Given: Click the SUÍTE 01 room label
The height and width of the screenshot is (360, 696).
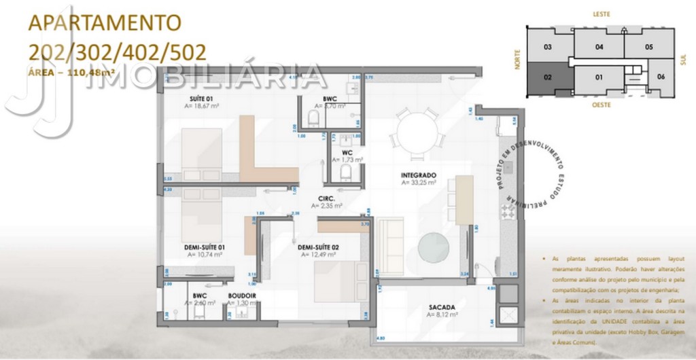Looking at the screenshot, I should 202,99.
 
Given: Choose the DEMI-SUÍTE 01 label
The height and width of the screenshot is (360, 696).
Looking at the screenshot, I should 205,248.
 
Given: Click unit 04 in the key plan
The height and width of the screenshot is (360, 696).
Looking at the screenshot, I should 599,47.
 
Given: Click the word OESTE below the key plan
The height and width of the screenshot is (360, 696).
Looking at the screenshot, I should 601,105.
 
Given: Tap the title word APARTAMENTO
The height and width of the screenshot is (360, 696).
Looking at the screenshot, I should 104,22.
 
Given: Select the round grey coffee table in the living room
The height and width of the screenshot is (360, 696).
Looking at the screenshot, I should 432,246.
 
